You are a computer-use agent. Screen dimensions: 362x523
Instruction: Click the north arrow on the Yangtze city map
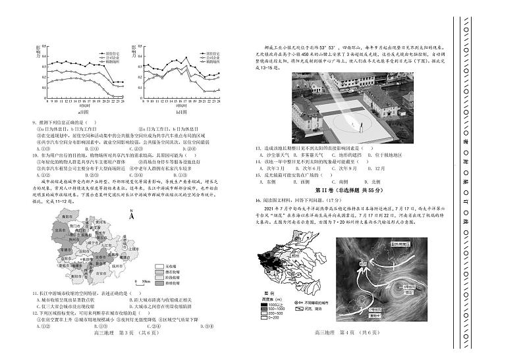point(130,215)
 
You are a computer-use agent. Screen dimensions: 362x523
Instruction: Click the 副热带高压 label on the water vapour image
point(406,243)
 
